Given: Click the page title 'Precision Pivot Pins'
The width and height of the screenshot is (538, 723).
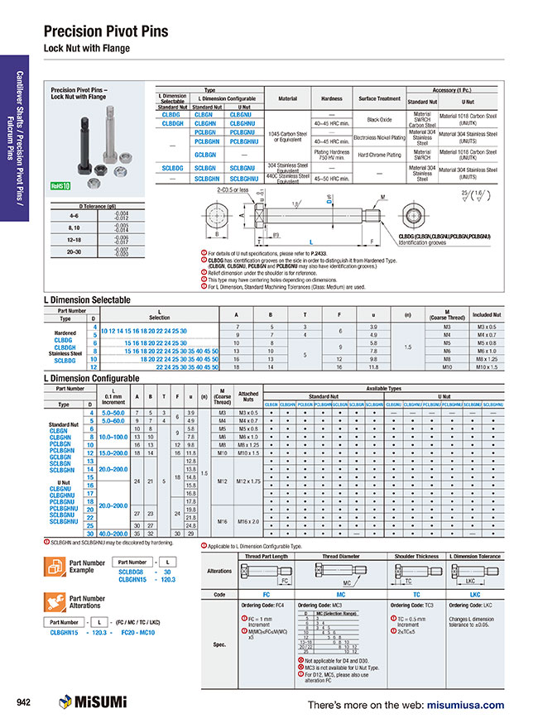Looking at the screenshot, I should (105, 31).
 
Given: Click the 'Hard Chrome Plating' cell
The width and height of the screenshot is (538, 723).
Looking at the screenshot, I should (378, 155).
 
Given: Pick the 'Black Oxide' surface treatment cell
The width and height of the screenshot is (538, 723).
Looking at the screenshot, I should (378, 120).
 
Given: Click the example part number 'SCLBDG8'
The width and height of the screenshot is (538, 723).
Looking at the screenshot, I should (131, 572).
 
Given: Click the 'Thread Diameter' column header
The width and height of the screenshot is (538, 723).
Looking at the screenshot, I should (341, 557).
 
